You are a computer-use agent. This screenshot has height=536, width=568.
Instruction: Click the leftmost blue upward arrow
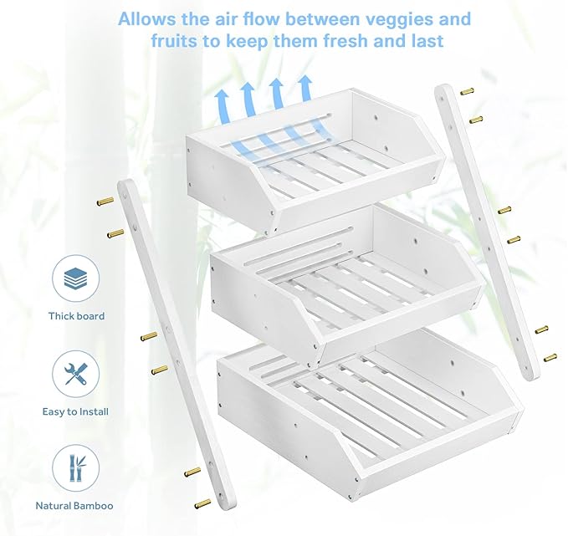pos(223,105)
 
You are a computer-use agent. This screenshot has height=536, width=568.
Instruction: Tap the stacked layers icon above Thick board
pos(75,279)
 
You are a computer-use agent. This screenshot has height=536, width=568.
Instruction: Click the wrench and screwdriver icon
pos(75,374)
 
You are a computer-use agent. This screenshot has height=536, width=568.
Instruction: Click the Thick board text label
pos(76,316)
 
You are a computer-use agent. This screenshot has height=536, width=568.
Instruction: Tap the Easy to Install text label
pos(75,411)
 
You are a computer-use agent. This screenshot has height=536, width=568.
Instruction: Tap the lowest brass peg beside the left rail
pos(202,503)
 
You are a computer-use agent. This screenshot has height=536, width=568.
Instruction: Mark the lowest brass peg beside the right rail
pos(550,358)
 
